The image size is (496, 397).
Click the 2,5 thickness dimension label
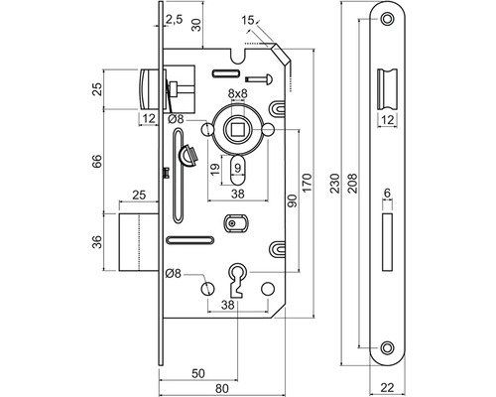tap(174, 20)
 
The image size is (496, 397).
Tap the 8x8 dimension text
tap(238, 94)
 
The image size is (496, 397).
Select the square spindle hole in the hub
tap(237, 129)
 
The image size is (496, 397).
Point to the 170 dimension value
tap(307, 183)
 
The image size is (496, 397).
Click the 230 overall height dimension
tap(335, 183)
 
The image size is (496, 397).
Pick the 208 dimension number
tap(353, 183)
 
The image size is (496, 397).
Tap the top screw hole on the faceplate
tap(387, 19)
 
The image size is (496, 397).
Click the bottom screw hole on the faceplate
tap(387, 348)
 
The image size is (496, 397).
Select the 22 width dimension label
tap(387, 387)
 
